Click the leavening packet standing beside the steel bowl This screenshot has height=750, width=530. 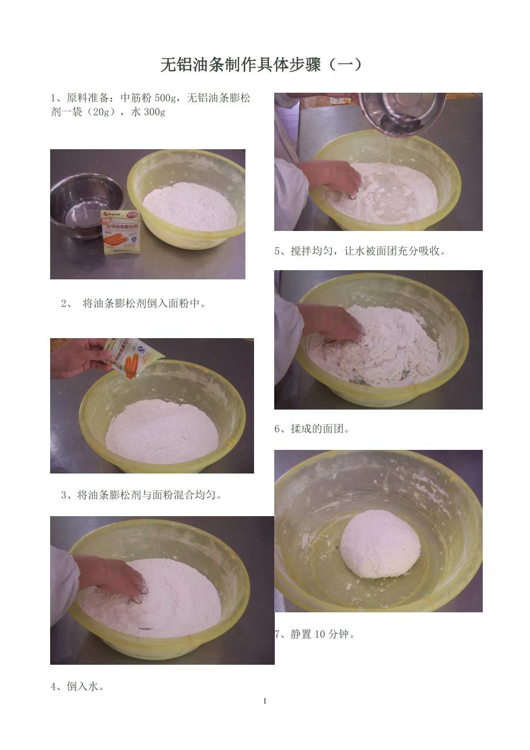click(121, 232)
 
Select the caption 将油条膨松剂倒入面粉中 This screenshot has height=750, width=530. click(144, 304)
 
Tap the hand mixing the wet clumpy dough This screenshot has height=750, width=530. click(331, 323)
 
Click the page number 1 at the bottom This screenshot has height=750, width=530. click(264, 701)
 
